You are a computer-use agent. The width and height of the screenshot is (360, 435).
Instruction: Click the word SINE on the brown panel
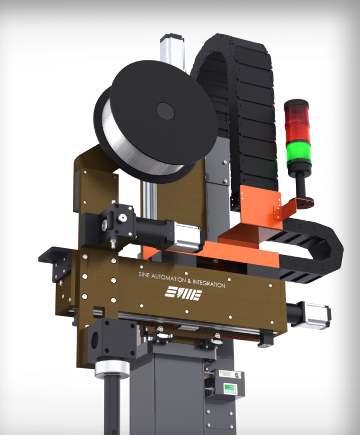point(144,275)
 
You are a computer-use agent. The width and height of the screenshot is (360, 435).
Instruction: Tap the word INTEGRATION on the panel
point(209,283)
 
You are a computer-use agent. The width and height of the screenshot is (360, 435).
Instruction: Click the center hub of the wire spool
point(165,111)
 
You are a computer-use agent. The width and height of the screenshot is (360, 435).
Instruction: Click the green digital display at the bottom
point(229,387)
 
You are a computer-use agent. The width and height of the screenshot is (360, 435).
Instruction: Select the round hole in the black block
point(95,339)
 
